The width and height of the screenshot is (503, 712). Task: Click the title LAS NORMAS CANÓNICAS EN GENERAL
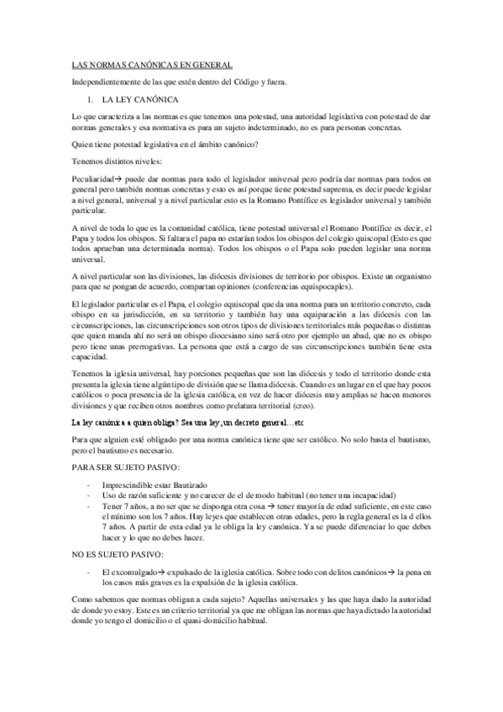click(x=151, y=65)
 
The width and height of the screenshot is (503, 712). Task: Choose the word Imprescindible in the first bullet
click(x=134, y=488)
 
